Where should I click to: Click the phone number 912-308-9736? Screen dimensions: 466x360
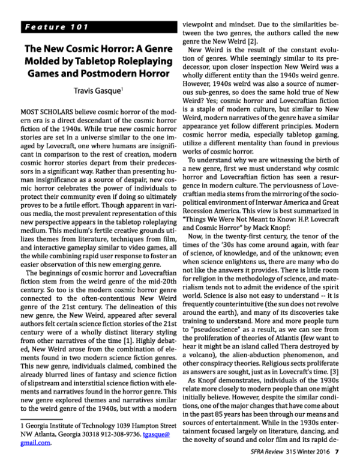(x=123, y=437)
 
